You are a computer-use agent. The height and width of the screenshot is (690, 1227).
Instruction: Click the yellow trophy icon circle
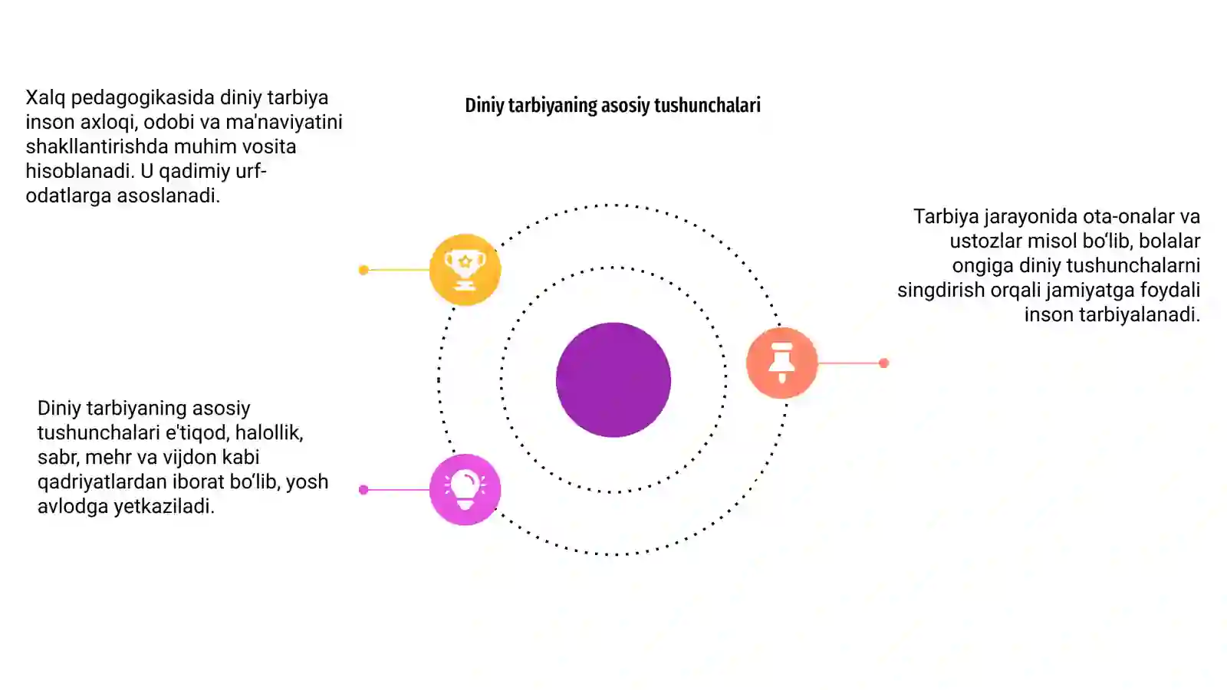(x=465, y=269)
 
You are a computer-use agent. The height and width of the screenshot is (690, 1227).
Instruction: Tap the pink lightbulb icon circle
(x=465, y=490)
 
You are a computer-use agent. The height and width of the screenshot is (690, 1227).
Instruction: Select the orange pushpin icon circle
(x=781, y=363)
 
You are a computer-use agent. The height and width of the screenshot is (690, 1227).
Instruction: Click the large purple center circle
(x=613, y=379)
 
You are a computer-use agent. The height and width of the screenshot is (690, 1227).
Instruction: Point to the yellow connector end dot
(x=363, y=270)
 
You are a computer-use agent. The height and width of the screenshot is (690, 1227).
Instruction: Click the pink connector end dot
(x=363, y=490)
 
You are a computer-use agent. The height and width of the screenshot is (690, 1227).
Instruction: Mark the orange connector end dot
(x=883, y=363)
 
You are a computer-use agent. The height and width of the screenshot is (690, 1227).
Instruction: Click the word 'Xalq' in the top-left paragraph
(x=45, y=98)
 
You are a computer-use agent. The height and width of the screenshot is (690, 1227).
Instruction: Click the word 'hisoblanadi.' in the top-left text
(x=80, y=172)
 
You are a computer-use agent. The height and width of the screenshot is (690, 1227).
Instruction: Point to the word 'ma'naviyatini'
(x=284, y=122)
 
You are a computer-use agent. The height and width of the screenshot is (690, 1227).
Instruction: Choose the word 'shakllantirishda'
(x=97, y=146)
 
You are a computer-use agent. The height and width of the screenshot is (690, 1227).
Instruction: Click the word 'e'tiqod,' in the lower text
(x=198, y=433)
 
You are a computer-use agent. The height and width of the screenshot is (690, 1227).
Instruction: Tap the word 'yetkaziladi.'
(x=164, y=507)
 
